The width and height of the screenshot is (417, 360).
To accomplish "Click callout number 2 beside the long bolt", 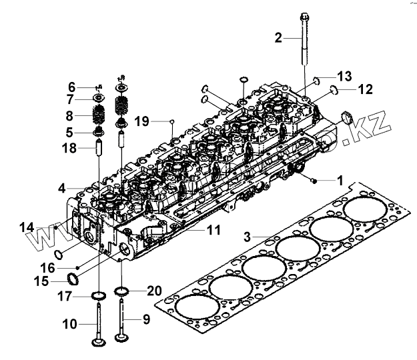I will pyautogui.click(x=279, y=37).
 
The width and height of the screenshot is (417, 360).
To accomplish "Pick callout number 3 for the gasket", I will pyautogui.click(x=247, y=237).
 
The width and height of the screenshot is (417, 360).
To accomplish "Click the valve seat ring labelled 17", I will pyautogui.click(x=99, y=295).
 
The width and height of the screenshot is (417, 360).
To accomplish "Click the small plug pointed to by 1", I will pyautogui.click(x=312, y=179).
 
